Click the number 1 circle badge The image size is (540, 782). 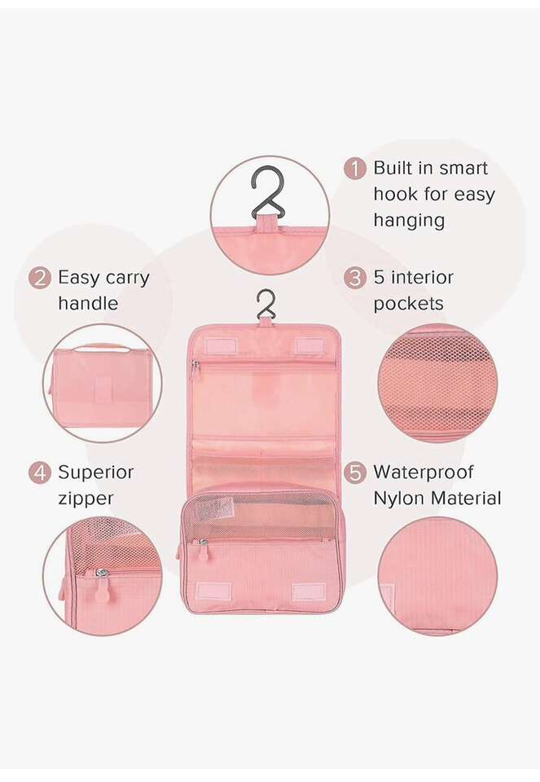click(x=354, y=169)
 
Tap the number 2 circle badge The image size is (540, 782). click(x=39, y=278)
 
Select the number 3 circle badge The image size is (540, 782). click(x=354, y=278)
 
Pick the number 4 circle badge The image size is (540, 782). click(x=39, y=472)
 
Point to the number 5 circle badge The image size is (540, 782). click(x=354, y=472)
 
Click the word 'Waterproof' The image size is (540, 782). click(x=424, y=472)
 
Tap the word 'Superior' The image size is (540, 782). click(x=96, y=472)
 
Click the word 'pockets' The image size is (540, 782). click(x=408, y=304)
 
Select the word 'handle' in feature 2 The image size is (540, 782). click(x=88, y=303)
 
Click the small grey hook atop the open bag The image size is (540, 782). click(x=266, y=304)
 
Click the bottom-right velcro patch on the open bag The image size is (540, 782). click(x=309, y=591)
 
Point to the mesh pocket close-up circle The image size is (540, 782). click(x=437, y=383)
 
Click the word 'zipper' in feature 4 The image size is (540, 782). click(x=86, y=499)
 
